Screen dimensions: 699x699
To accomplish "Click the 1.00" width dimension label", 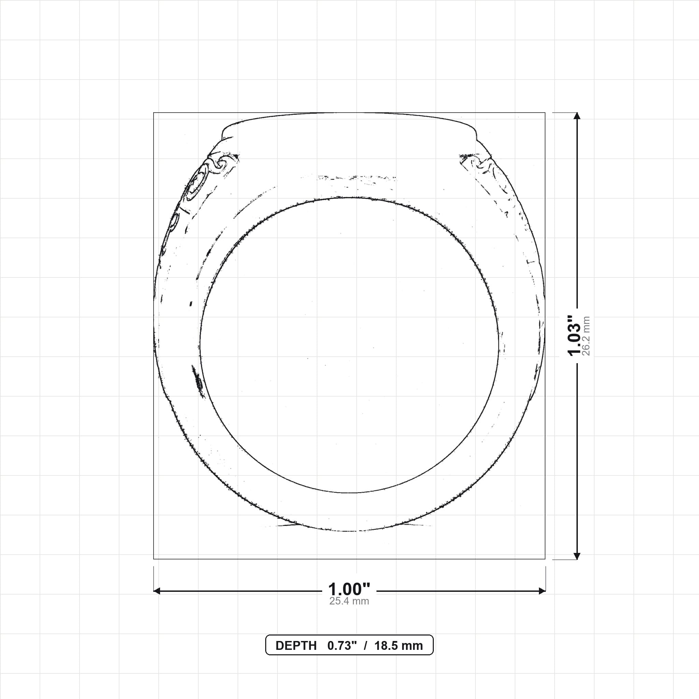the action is [x=349, y=589].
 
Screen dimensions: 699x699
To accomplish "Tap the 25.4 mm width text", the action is [x=349, y=601].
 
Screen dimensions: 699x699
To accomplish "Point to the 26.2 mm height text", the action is [x=586, y=336].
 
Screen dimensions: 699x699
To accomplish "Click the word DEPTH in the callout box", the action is [x=296, y=646].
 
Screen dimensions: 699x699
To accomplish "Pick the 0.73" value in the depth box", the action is [x=342, y=646].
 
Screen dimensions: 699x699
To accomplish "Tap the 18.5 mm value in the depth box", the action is [x=399, y=646].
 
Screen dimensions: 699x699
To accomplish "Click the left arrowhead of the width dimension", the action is [x=157, y=591].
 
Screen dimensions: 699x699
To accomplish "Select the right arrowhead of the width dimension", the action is [x=542, y=591].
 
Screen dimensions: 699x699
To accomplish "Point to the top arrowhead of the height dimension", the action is [x=577, y=116].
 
